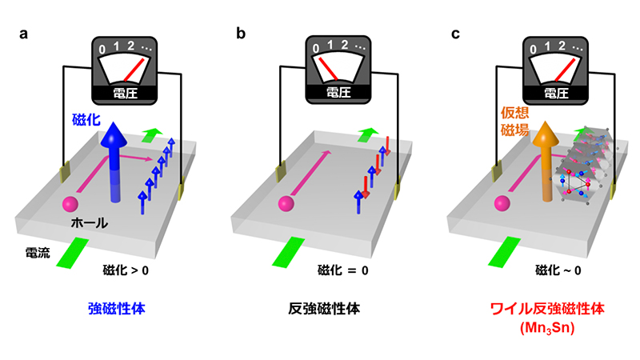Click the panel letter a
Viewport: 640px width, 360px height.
pyautogui.click(x=24, y=34)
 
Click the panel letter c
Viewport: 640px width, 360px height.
pyautogui.click(x=455, y=34)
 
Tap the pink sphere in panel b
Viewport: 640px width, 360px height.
pyautogui.click(x=285, y=204)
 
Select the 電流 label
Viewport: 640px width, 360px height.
pyautogui.click(x=35, y=254)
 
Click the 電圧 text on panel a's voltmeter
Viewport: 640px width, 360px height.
pyautogui.click(x=125, y=93)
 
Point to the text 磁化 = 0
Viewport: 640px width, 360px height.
pyautogui.click(x=342, y=270)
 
